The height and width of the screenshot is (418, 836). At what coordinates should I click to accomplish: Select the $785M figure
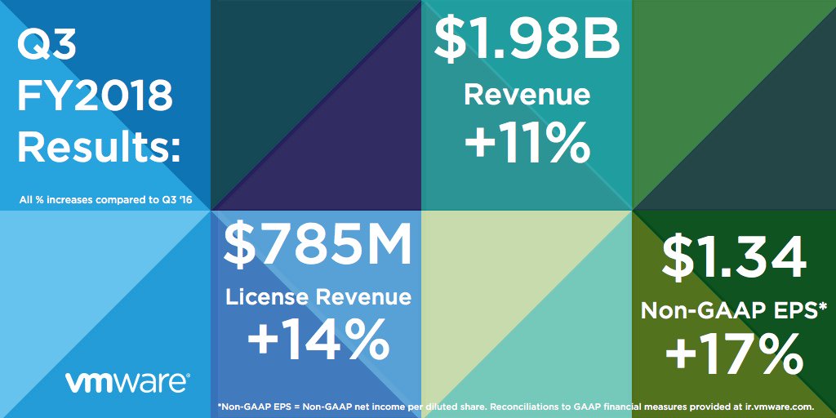coord(318,247)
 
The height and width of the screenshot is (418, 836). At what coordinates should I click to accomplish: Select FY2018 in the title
coord(95,97)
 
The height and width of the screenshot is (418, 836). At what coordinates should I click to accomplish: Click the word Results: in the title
coord(99,148)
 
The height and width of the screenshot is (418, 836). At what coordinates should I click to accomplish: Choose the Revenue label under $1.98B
coord(527,95)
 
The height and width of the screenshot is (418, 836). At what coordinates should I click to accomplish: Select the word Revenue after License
coord(364,296)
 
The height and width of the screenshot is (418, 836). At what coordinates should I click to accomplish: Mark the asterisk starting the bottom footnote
coord(220,405)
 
